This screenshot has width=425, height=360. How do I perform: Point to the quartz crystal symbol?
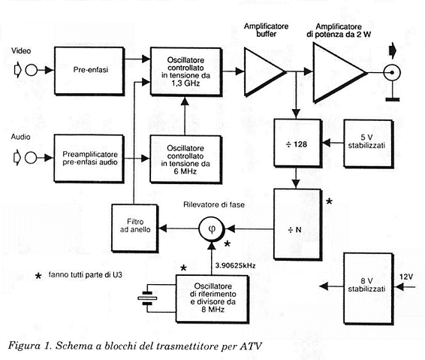coord(147,298)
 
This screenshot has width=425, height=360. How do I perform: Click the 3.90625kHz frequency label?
coord(235,266)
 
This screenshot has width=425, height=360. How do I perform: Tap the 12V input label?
coord(405,277)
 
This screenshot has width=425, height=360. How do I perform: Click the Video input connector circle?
coord(32,70)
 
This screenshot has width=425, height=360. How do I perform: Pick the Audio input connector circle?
coord(31,157)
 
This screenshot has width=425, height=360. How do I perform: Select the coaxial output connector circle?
coord(392,72)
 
